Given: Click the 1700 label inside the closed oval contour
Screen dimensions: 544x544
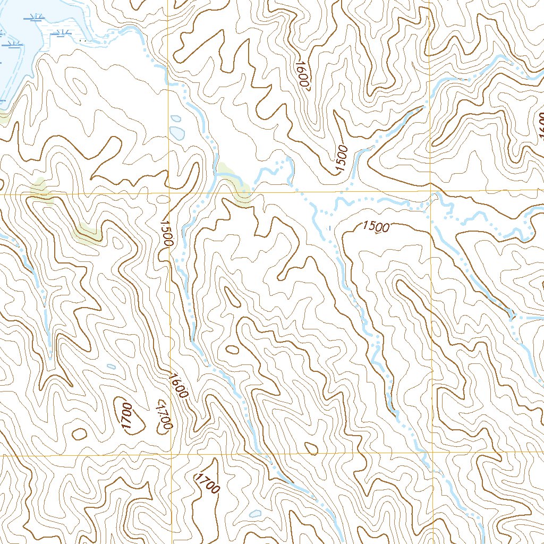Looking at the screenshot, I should coord(126,418).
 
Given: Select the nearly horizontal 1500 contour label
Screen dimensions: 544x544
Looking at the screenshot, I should coord(376,227).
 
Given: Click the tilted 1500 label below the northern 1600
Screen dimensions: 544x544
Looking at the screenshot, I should coord(341,159).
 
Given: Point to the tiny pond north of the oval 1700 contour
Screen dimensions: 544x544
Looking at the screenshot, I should coord(110,365).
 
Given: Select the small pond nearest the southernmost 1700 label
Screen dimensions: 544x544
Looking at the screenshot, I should coord(256,514).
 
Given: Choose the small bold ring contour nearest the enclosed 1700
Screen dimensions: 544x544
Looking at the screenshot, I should coord(79,433).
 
